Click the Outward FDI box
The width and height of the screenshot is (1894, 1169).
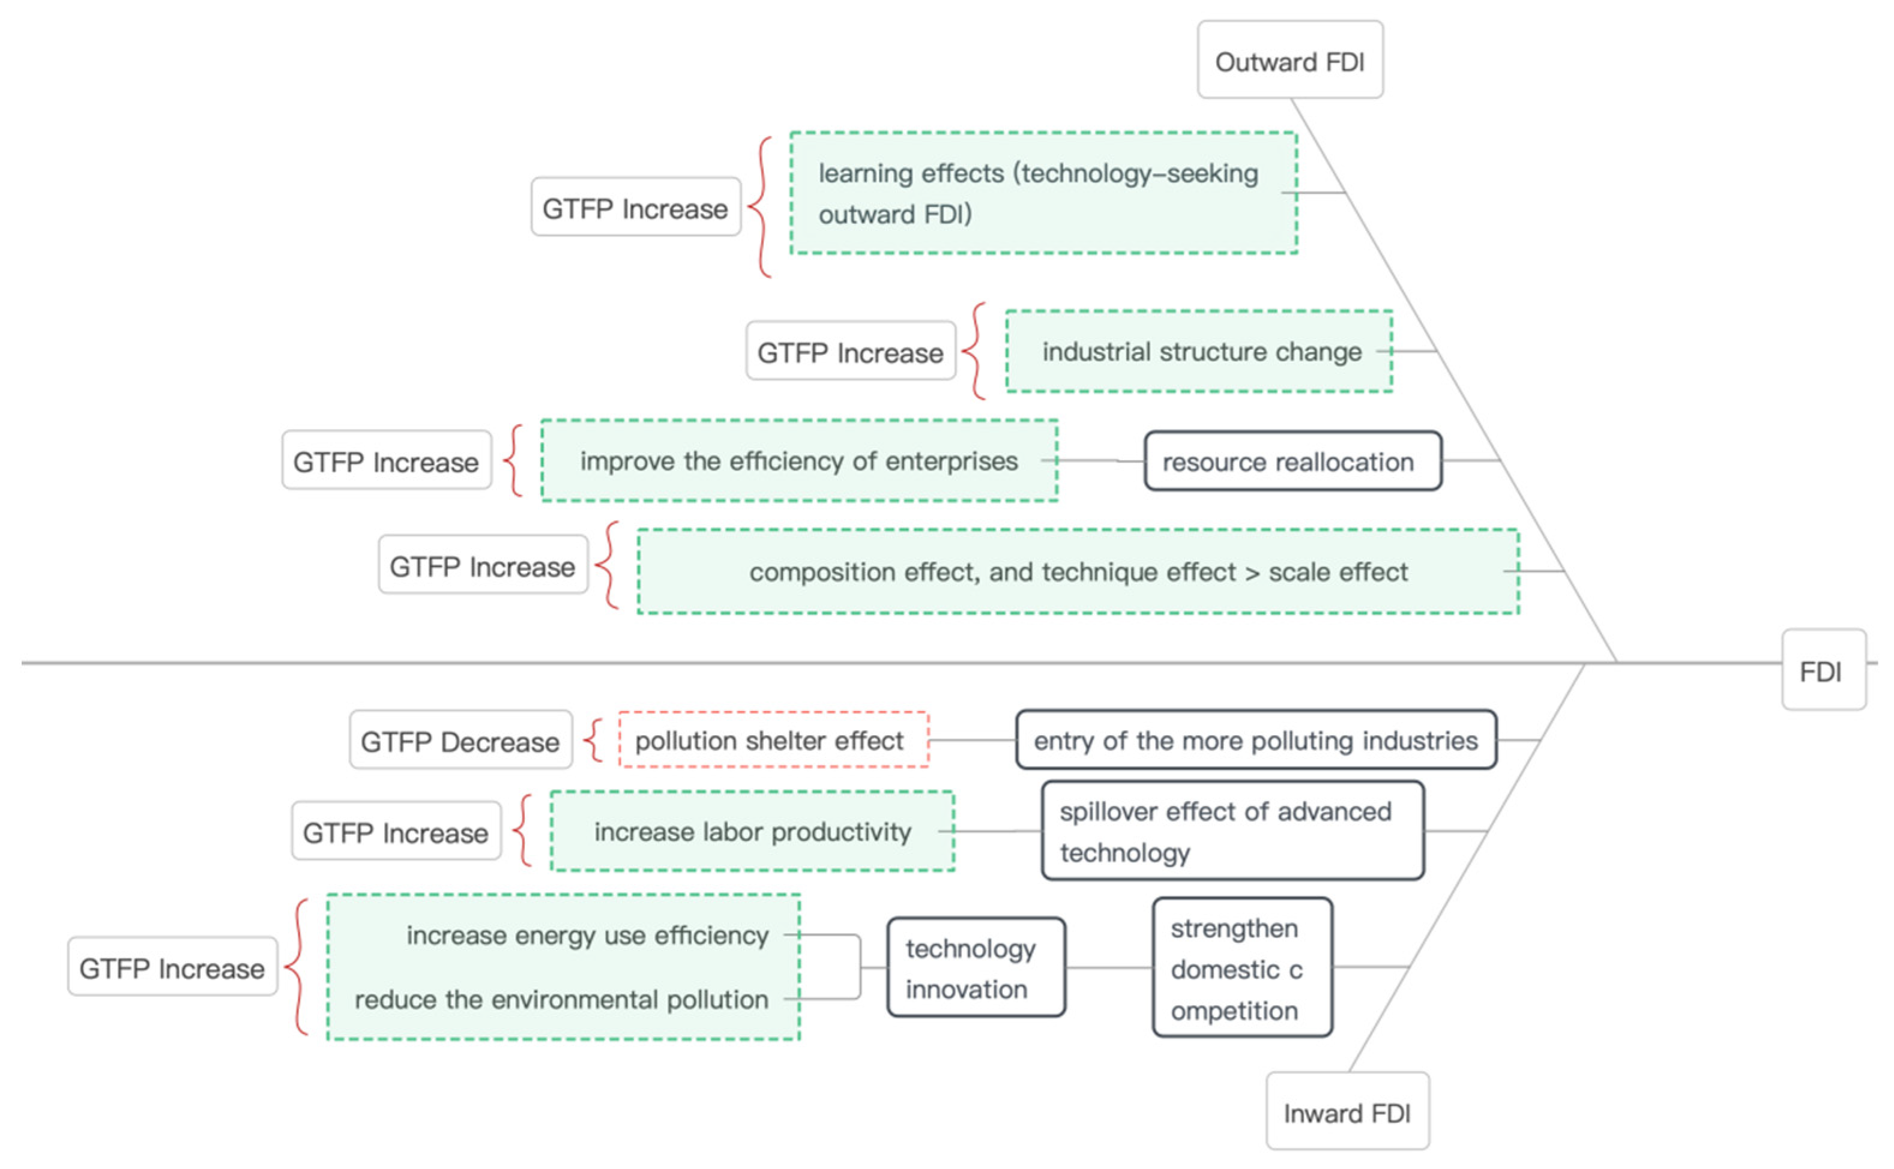(x=1289, y=60)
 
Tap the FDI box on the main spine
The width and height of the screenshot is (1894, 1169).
(x=1822, y=670)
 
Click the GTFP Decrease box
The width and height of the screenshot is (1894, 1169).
(x=460, y=740)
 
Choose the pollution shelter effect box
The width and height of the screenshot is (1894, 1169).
(x=773, y=740)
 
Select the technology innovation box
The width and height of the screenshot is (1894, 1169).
(x=976, y=967)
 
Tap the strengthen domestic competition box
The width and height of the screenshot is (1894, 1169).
(x=1241, y=967)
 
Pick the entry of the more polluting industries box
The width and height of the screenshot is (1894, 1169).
(x=1255, y=740)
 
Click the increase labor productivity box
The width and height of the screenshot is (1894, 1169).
(x=752, y=831)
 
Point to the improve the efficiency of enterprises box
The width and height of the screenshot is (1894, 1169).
(x=799, y=461)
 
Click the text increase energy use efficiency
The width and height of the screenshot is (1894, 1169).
(x=587, y=935)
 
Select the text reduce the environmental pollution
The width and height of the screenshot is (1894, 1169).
(x=561, y=999)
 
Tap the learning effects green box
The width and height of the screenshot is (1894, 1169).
(x=1043, y=193)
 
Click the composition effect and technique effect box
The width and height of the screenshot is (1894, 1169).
(x=1078, y=571)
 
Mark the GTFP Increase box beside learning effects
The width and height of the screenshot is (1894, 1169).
(x=635, y=207)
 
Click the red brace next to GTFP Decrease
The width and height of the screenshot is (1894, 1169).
(x=594, y=740)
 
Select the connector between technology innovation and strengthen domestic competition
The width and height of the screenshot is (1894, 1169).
(x=1108, y=967)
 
